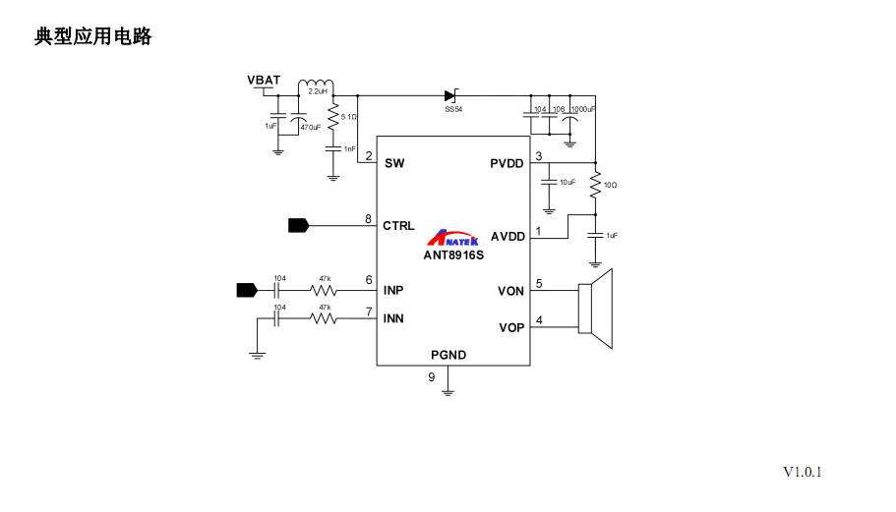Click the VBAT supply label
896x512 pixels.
click(x=264, y=80)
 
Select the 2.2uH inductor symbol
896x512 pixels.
click(x=317, y=84)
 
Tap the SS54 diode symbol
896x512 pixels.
click(x=451, y=95)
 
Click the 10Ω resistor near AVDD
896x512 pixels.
click(x=595, y=184)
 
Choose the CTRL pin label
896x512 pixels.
click(x=398, y=225)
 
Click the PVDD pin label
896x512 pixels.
click(x=507, y=163)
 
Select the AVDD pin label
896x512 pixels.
click(x=508, y=236)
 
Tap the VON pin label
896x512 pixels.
click(x=510, y=290)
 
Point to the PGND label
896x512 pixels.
click(x=448, y=355)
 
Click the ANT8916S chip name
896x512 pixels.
click(x=453, y=254)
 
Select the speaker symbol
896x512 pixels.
click(x=595, y=308)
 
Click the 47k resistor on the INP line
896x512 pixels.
click(x=324, y=290)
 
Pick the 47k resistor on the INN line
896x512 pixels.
click(x=324, y=317)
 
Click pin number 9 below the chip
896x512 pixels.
click(x=431, y=377)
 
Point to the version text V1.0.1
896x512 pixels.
click(x=802, y=472)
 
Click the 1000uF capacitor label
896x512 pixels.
click(x=583, y=109)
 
